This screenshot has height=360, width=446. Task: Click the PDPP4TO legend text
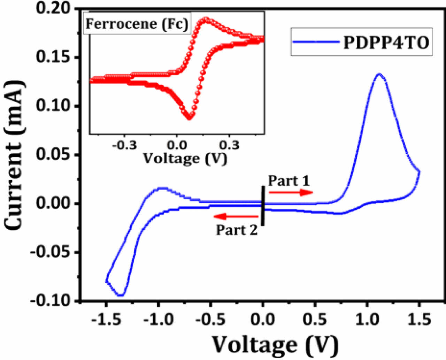386,43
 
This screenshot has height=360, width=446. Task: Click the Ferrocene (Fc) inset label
137,24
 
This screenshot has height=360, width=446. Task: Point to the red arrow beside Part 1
291,192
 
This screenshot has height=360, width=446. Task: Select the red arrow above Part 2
236,216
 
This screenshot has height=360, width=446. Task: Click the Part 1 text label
289,181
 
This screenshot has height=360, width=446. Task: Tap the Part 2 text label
237,230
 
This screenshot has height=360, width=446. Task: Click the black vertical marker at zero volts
263,206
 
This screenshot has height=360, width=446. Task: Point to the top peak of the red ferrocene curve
206,19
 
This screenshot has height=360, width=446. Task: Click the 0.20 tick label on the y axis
53,8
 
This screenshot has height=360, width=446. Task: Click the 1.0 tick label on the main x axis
367,320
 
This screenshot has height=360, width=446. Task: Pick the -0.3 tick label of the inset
124,145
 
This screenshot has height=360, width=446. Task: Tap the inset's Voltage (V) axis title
185,159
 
